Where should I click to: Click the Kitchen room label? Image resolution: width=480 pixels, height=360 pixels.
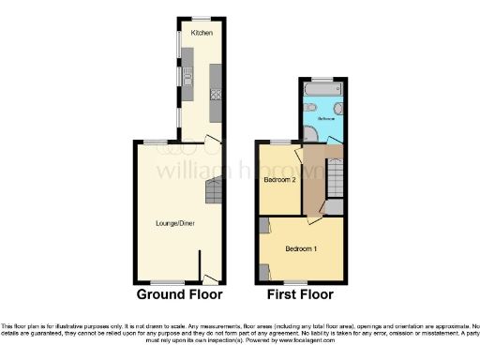point(202,33)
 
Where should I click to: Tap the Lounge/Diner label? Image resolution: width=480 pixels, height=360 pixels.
point(174,223)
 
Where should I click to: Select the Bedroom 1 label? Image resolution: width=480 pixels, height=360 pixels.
point(300,248)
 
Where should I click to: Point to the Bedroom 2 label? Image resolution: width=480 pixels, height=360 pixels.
point(279,179)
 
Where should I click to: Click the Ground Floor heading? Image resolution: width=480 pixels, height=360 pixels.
point(180,294)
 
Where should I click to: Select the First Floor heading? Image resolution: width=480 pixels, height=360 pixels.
point(300,294)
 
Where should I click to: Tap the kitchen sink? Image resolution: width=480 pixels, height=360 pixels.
point(187,77)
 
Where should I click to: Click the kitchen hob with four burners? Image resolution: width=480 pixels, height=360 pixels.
point(215,94)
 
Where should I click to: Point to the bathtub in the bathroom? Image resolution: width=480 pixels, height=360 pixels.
point(322,91)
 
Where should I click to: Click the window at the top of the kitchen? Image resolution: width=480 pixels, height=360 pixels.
point(202,19)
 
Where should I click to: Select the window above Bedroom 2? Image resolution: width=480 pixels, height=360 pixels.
point(278,142)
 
